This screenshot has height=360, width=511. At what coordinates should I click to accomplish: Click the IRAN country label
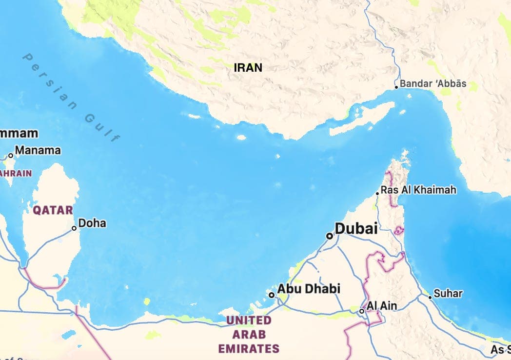[x=248, y=68]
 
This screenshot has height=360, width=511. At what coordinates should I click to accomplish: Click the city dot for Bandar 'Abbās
[x=396, y=87]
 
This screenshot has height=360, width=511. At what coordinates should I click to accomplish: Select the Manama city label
[x=38, y=150]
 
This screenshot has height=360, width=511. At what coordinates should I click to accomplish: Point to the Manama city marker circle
[x=11, y=156]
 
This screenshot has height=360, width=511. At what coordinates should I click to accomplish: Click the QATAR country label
[x=53, y=210]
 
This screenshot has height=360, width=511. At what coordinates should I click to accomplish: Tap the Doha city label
[x=92, y=223]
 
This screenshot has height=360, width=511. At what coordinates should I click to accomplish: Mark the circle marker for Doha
[x=75, y=228]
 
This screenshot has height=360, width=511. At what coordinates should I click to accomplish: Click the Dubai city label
[x=356, y=228]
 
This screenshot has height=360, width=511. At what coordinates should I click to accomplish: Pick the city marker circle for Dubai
[x=330, y=236]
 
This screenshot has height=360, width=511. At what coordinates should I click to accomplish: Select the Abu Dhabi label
[x=309, y=289]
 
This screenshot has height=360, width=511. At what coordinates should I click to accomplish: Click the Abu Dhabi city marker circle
[x=272, y=295]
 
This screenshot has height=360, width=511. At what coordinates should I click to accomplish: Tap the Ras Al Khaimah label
[x=418, y=190]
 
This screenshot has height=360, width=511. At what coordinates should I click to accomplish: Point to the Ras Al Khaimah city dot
[x=377, y=194]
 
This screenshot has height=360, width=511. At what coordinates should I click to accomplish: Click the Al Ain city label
[x=382, y=306]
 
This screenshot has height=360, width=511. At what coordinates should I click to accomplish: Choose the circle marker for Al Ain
[x=362, y=311]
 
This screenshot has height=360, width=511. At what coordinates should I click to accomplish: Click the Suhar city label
[x=448, y=294]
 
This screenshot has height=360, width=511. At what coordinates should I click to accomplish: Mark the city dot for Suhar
[x=430, y=297]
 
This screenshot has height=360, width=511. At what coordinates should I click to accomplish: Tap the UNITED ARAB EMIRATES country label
[x=249, y=335]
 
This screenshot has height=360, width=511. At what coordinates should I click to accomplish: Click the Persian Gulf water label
[x=71, y=97]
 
